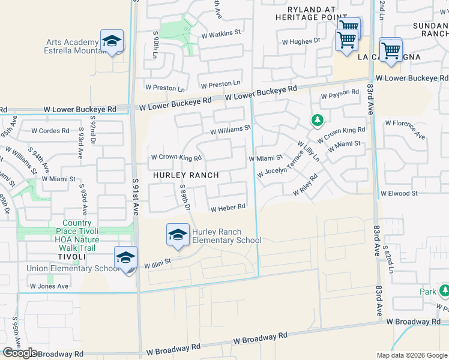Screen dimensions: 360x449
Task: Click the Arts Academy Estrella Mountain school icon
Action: pos(112,41)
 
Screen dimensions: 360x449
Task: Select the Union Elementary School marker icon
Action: pos(125,259)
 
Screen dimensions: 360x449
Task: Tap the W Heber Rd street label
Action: pos(228,208)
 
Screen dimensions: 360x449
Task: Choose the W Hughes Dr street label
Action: pos(301,41)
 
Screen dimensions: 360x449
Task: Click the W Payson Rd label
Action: pos(340,95)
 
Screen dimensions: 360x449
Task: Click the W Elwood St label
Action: pos(399,193)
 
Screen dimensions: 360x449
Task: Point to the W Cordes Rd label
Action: pos(50,130)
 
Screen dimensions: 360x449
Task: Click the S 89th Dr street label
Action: pos(185,197)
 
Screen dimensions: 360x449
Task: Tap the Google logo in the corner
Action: pos(20,353)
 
